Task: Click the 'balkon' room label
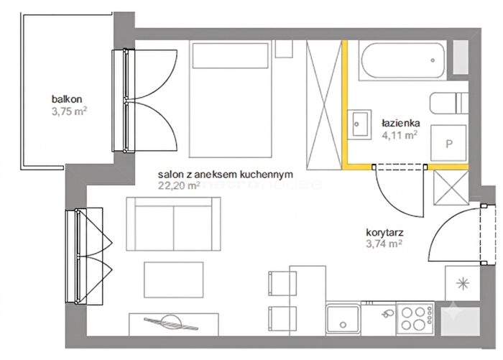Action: click(x=67, y=99)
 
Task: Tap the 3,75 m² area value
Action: click(x=69, y=111)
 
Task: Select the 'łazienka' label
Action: click(x=401, y=123)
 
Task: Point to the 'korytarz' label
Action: click(x=384, y=232)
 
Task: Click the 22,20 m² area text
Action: click(x=179, y=185)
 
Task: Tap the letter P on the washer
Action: click(x=449, y=144)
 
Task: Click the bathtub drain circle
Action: click(x=433, y=60)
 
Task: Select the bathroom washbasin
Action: click(x=359, y=124)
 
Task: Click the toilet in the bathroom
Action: click(x=448, y=103)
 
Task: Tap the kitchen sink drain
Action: click(x=343, y=325)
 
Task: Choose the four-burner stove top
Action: click(x=415, y=318)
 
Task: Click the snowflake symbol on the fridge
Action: click(x=463, y=284)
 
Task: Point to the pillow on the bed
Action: click(x=231, y=55)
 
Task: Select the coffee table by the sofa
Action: click(x=174, y=280)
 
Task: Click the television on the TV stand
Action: click(x=171, y=322)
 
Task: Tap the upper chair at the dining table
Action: click(x=282, y=283)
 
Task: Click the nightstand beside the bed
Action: click(x=284, y=49)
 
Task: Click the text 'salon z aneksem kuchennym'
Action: click(x=225, y=175)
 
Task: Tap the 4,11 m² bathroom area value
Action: click(x=400, y=135)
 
